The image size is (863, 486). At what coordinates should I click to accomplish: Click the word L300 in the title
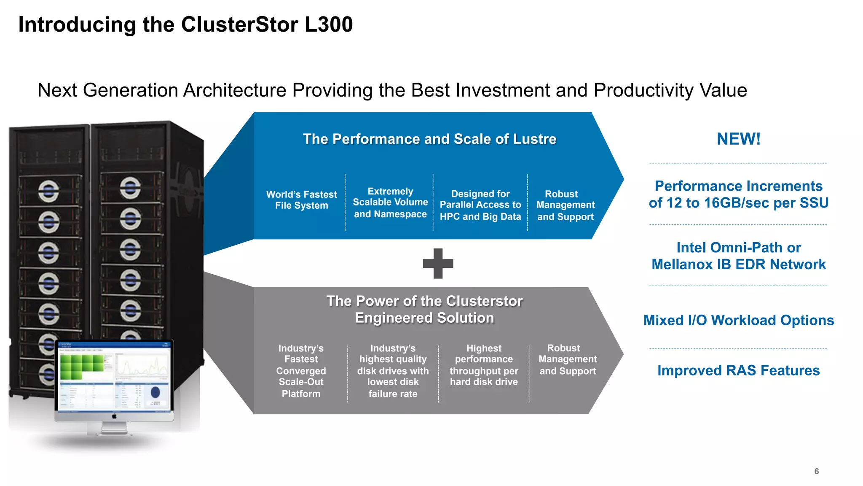[x=328, y=24]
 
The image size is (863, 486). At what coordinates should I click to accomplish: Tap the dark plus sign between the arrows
[x=438, y=264]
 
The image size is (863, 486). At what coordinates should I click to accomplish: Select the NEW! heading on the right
[x=738, y=139]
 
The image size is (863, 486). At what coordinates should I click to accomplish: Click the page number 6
[x=816, y=471]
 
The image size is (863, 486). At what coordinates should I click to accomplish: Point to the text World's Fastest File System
[x=301, y=200]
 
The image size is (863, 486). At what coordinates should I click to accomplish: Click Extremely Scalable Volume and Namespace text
[x=390, y=202]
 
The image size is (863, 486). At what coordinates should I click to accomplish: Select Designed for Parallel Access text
[x=480, y=205]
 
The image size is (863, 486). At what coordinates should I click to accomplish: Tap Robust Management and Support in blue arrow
[x=565, y=205]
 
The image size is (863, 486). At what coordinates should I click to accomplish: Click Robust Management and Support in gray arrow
[x=567, y=359]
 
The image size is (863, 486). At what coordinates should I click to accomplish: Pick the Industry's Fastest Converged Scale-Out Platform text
[x=301, y=371]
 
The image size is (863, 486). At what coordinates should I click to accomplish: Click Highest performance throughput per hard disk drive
[x=484, y=365]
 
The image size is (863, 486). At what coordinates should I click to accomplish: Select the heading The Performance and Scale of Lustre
[x=429, y=139]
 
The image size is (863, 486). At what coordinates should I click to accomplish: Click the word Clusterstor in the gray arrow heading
[x=484, y=301]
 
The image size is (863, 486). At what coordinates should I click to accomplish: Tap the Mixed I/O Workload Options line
[x=738, y=320]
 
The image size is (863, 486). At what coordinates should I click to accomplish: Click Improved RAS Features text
[x=738, y=370]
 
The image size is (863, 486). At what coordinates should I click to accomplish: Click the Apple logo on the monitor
[x=114, y=416]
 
